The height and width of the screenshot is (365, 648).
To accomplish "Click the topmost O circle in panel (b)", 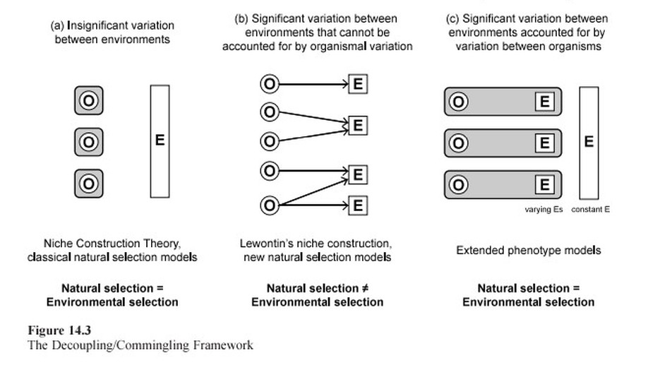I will point(269,84).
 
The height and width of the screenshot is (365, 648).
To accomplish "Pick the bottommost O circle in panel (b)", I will point(269,205).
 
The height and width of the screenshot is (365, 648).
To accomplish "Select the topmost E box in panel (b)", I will point(358,84).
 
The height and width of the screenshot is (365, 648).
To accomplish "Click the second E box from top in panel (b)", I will point(358,126).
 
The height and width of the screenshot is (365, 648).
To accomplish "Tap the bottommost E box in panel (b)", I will point(358,205).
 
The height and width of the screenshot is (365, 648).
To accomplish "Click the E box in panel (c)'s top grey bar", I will point(544,102).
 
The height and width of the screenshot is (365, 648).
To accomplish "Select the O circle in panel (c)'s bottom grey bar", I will point(459,184).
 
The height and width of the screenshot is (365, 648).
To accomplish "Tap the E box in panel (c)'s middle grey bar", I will point(544,143).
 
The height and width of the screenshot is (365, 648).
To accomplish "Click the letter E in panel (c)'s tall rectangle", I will point(589,142).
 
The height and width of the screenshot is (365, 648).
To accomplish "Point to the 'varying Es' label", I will point(544,210).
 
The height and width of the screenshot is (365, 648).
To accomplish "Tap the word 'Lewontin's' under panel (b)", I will point(266,244).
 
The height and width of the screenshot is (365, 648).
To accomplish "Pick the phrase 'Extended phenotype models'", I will point(528,251).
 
